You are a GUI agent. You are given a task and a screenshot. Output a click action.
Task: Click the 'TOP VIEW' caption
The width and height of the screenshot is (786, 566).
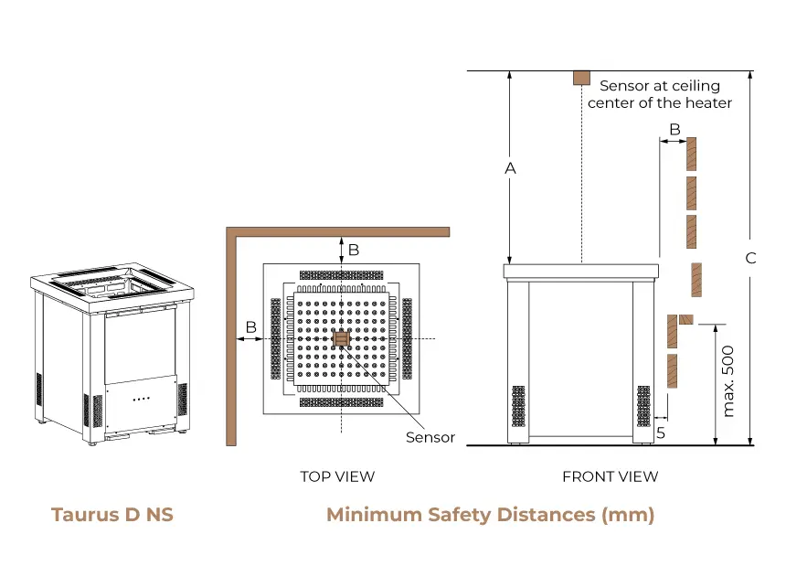337,476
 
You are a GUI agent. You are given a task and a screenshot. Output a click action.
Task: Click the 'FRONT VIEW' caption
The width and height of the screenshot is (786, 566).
610,476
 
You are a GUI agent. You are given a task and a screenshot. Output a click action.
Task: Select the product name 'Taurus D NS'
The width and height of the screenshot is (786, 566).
112,515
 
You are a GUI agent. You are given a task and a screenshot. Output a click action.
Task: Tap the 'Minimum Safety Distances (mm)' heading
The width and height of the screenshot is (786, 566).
490,515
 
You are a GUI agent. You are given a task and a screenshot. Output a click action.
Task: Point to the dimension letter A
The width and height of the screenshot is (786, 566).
510,168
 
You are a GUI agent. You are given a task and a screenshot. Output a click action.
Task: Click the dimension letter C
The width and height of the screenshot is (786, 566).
750,258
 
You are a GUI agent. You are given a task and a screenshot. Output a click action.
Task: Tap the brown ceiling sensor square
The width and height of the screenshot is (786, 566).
580,77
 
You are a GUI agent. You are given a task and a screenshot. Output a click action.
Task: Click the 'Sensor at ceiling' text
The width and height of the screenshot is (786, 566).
659,86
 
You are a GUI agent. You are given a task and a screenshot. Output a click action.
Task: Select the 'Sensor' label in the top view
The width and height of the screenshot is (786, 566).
430,437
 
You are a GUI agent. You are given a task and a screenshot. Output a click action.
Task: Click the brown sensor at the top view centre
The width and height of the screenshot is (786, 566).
342,339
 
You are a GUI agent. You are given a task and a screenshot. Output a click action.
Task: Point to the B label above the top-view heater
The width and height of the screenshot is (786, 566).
354,249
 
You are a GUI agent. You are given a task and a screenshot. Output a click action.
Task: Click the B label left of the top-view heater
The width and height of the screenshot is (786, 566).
250,326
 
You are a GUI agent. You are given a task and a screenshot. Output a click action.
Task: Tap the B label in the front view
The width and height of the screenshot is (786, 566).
674,130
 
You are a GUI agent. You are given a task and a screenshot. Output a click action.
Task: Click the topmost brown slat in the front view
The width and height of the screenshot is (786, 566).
692,154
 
